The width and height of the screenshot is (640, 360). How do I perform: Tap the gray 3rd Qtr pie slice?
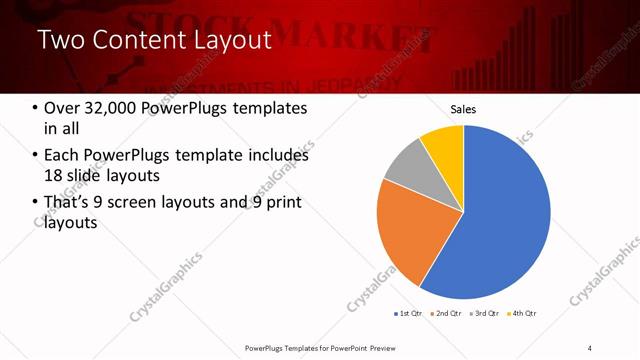pyautogui.click(x=405, y=170)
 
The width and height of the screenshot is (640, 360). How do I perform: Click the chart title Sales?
pyautogui.click(x=463, y=109)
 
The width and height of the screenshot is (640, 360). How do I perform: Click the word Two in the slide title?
pyautogui.click(x=59, y=41)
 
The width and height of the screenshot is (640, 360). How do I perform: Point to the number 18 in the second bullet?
pyautogui.click(x=53, y=175)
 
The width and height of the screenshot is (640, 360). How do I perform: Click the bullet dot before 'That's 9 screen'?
pyautogui.click(x=36, y=203)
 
